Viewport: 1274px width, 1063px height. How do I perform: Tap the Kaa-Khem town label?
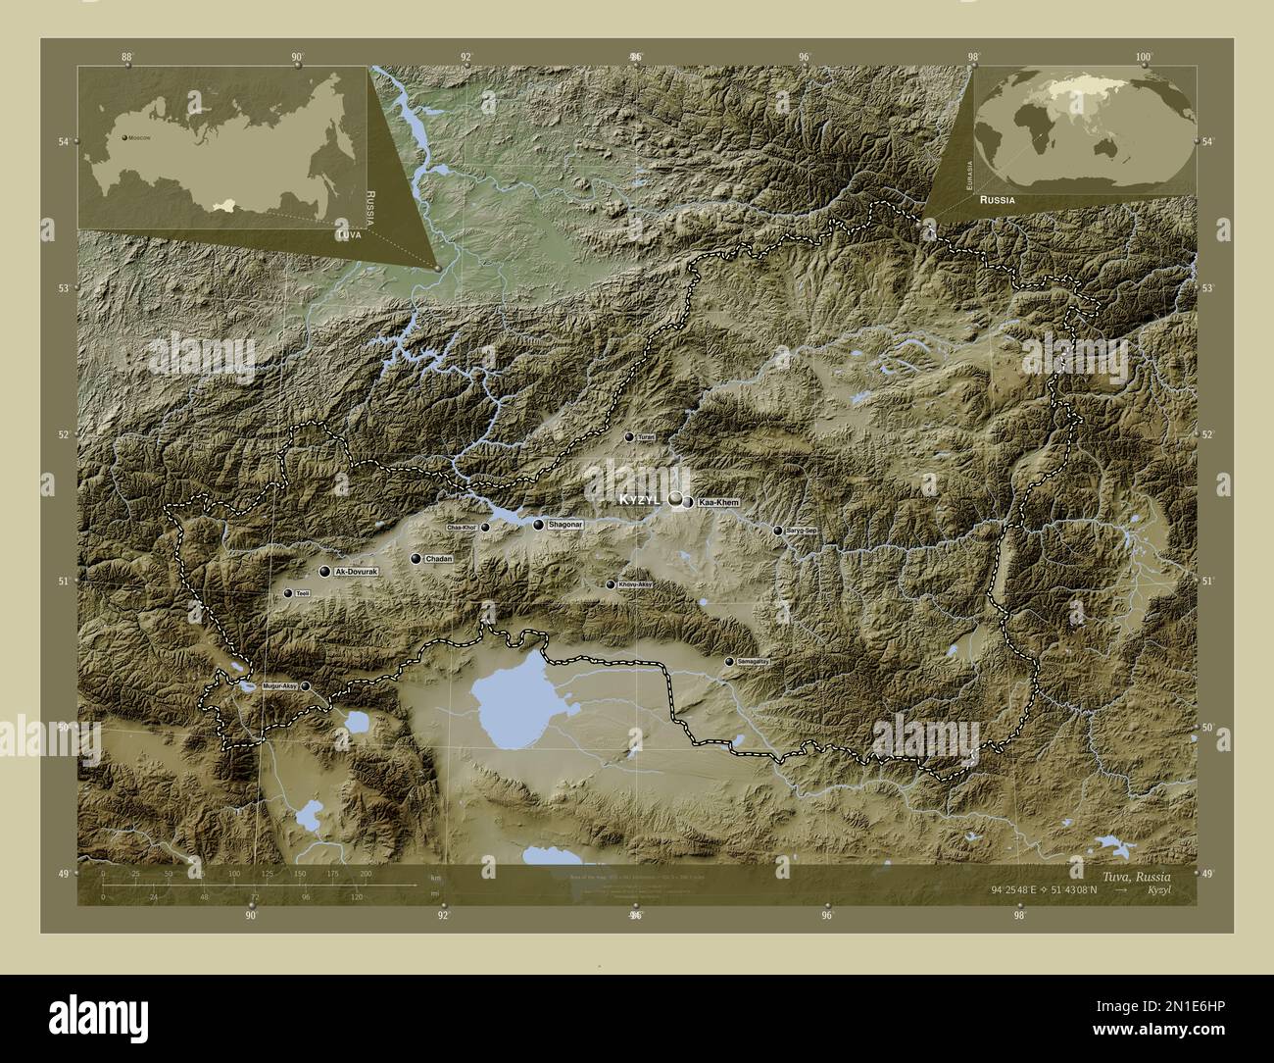coord(718,502)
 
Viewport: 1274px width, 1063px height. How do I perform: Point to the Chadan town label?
coord(439,559)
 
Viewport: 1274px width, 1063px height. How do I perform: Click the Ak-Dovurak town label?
coord(356,571)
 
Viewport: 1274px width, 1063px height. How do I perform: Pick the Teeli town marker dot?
coord(287,593)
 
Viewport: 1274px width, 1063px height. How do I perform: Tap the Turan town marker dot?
coord(629,436)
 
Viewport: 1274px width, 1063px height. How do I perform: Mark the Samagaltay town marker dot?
coord(728,662)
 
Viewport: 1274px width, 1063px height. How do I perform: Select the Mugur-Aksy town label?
coord(278,686)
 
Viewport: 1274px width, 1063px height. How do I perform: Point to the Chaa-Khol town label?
coord(462,528)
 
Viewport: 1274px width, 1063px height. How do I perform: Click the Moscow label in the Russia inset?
coord(138,138)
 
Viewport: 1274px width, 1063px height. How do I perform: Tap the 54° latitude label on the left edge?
coord(63,142)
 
